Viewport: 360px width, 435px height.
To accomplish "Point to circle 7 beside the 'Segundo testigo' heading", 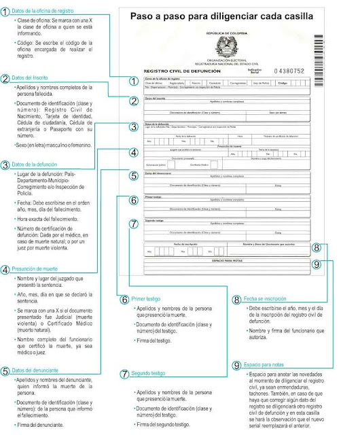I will pyautogui.click(x=124, y=373).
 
